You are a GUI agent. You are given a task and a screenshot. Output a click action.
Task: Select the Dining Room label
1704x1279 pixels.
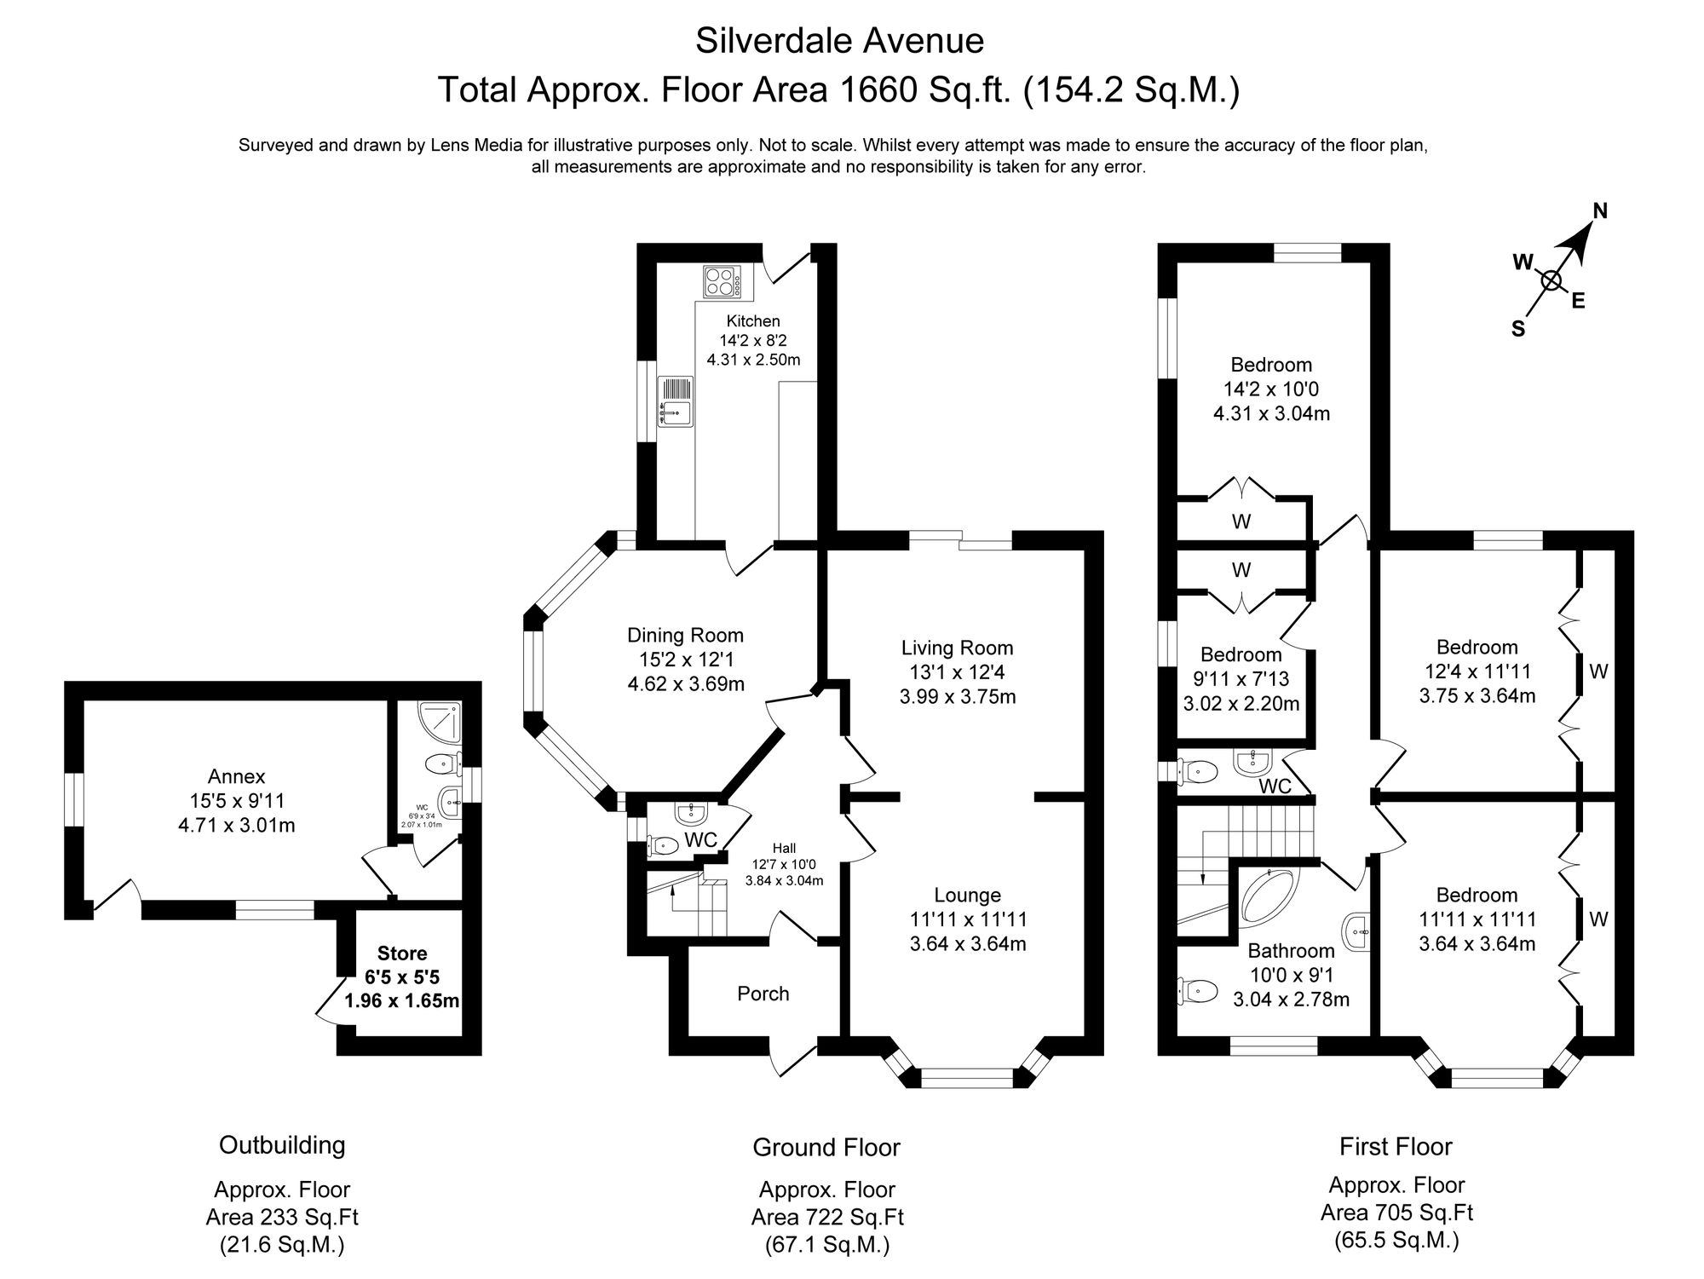685,635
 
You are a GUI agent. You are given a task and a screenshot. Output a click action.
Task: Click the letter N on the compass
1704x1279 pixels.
1600,211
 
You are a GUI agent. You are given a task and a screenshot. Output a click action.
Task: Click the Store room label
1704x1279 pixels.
402,953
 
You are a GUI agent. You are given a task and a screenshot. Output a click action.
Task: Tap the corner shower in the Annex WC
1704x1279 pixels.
446,721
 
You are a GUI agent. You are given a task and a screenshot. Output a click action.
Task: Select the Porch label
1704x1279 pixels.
763,994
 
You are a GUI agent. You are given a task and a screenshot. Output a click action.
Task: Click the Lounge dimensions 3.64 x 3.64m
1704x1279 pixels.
967,944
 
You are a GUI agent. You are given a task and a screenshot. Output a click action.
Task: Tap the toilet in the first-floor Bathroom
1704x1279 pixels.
1196,990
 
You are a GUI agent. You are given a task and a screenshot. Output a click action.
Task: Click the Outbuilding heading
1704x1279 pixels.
282,1144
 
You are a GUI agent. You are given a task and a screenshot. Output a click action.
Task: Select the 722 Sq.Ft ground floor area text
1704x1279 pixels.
826,1217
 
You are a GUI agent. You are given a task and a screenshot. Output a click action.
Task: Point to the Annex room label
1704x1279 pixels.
237,776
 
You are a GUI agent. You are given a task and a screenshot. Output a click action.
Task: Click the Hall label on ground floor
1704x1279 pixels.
784,848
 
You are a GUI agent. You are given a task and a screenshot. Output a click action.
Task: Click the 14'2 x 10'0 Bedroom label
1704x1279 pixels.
1271,389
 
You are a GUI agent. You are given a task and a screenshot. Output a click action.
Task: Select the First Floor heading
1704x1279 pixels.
1396,1146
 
